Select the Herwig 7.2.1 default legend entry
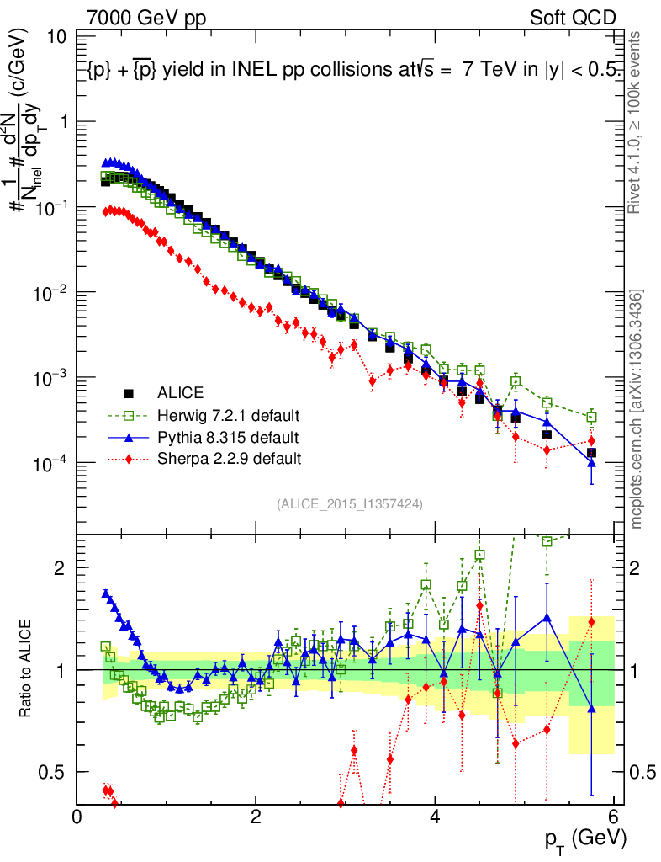228,415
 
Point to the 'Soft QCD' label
573,18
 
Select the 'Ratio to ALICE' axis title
28,669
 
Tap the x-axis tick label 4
435,817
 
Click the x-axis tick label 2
256,817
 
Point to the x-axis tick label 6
614,817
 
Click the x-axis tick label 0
77,817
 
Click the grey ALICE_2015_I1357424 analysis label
349,503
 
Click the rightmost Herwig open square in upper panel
592,417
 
